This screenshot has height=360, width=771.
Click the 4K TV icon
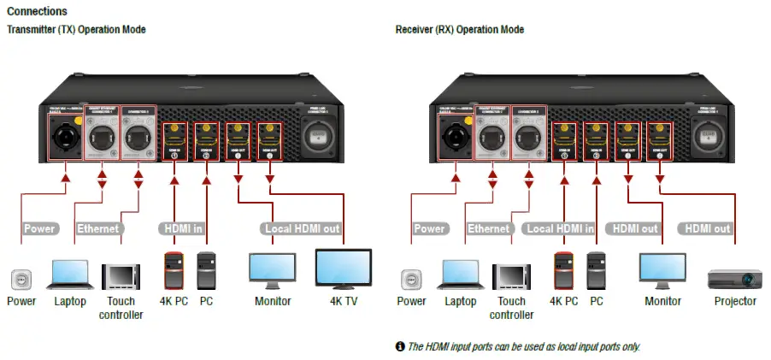pyautogui.click(x=343, y=269)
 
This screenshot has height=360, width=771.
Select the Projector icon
pyautogui.click(x=734, y=278)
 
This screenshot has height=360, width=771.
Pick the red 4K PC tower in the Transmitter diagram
pyautogui.click(x=173, y=269)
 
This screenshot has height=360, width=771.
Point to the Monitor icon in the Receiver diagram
pyautogui.click(x=662, y=271)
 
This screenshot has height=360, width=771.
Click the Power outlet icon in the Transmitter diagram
pyautogui.click(x=21, y=279)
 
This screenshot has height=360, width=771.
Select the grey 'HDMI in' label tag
pyautogui.click(x=181, y=228)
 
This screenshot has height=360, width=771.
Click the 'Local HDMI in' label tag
pyautogui.click(x=560, y=228)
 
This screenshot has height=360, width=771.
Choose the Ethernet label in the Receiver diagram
pyautogui.click(x=488, y=228)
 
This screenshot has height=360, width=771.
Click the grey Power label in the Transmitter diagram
pyautogui.click(x=39, y=228)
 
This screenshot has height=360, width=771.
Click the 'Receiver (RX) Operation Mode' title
pyautogui.click(x=459, y=30)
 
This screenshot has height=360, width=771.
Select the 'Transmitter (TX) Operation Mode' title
pyautogui.click(x=76, y=30)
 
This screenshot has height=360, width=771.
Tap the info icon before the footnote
pyautogui.click(x=399, y=346)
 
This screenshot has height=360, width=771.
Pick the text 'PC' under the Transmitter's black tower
pyautogui.click(x=206, y=301)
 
